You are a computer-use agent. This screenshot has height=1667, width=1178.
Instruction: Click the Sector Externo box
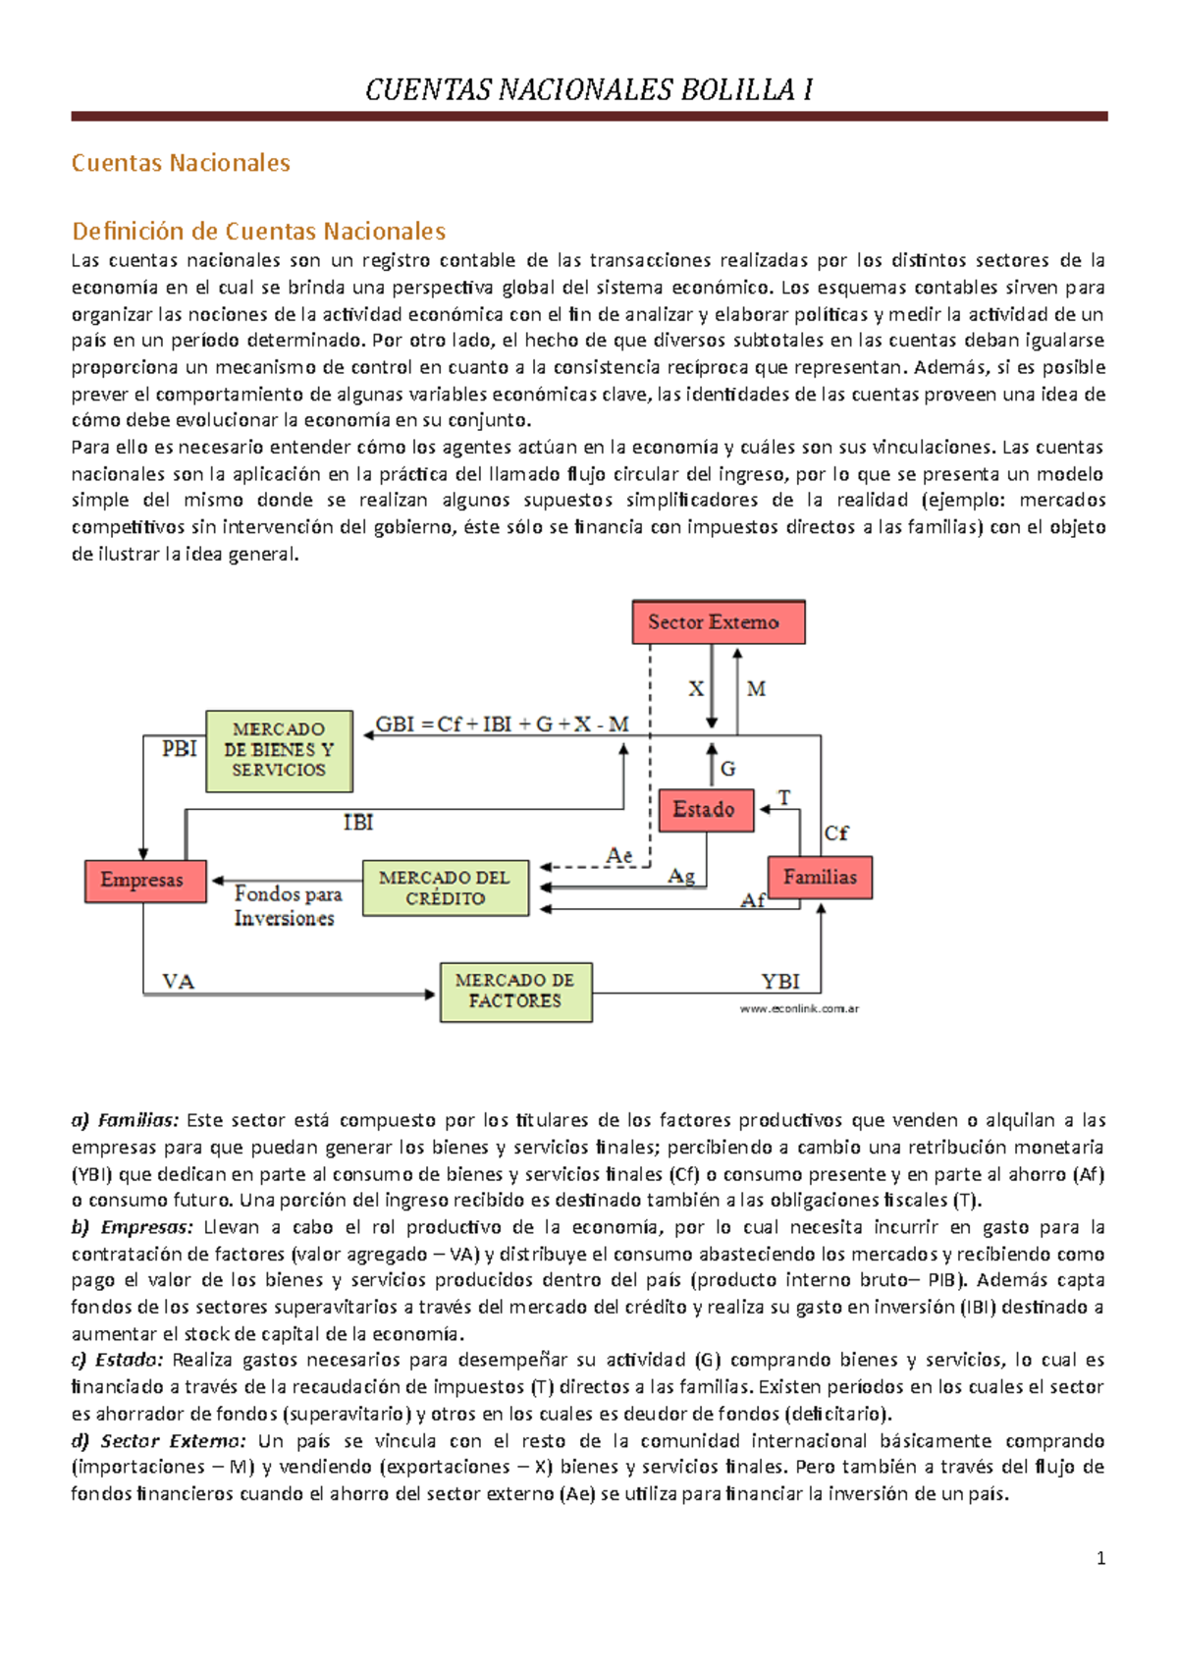[x=718, y=622]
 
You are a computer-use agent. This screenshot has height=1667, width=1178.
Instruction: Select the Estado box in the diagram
[x=705, y=810]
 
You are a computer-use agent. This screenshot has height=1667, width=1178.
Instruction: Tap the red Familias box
[x=820, y=878]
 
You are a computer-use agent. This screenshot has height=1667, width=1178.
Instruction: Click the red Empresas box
[x=142, y=880]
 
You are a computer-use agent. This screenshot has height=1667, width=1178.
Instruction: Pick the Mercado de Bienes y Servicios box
[x=279, y=751]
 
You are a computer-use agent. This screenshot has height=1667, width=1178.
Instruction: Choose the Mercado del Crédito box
[x=445, y=888]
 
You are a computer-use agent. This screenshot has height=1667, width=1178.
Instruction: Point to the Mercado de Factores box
[x=515, y=992]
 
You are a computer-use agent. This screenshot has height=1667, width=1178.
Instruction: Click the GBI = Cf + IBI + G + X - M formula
[x=502, y=725]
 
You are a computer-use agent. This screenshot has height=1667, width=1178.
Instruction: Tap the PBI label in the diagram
[x=179, y=748]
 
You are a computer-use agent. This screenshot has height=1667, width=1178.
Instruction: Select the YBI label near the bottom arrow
[x=780, y=981]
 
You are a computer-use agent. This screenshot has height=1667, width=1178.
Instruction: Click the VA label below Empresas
[x=178, y=981]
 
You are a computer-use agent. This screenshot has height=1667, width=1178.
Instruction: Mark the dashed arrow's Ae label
[x=619, y=855]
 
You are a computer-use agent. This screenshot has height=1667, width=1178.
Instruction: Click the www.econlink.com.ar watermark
[x=799, y=1008]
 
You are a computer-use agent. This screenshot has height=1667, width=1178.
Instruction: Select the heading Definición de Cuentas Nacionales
[x=259, y=232]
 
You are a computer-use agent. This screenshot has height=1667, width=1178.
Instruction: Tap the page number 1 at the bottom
[x=1100, y=1558]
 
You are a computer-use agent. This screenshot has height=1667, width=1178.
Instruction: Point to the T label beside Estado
[x=784, y=797]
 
